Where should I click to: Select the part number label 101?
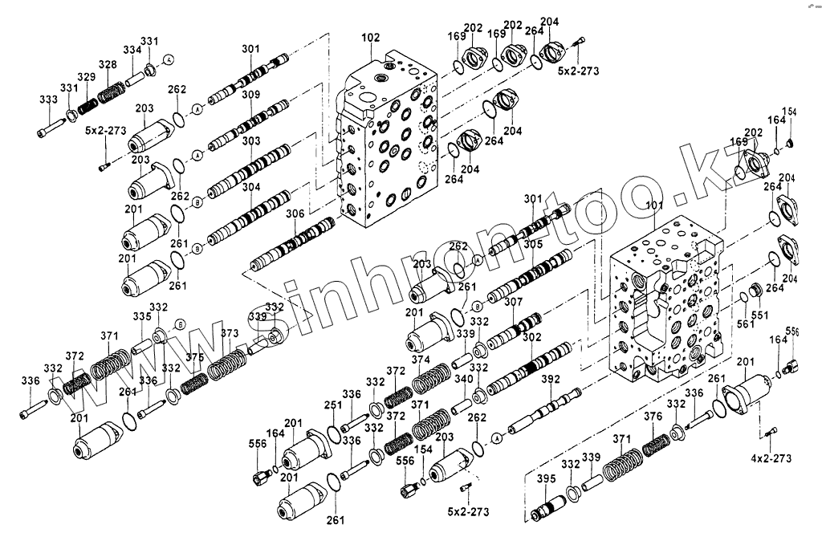pyautogui.click(x=653, y=205)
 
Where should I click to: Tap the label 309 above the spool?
pyautogui.click(x=250, y=95)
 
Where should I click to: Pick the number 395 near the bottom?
pyautogui.click(x=546, y=479)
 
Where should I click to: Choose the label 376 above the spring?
pyautogui.click(x=653, y=417)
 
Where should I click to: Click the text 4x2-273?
pyautogui.click(x=771, y=459)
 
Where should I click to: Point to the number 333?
pyautogui.click(x=47, y=100)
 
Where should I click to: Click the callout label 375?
pyautogui.click(x=194, y=357)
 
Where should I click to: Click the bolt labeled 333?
pyautogui.click(x=49, y=127)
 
